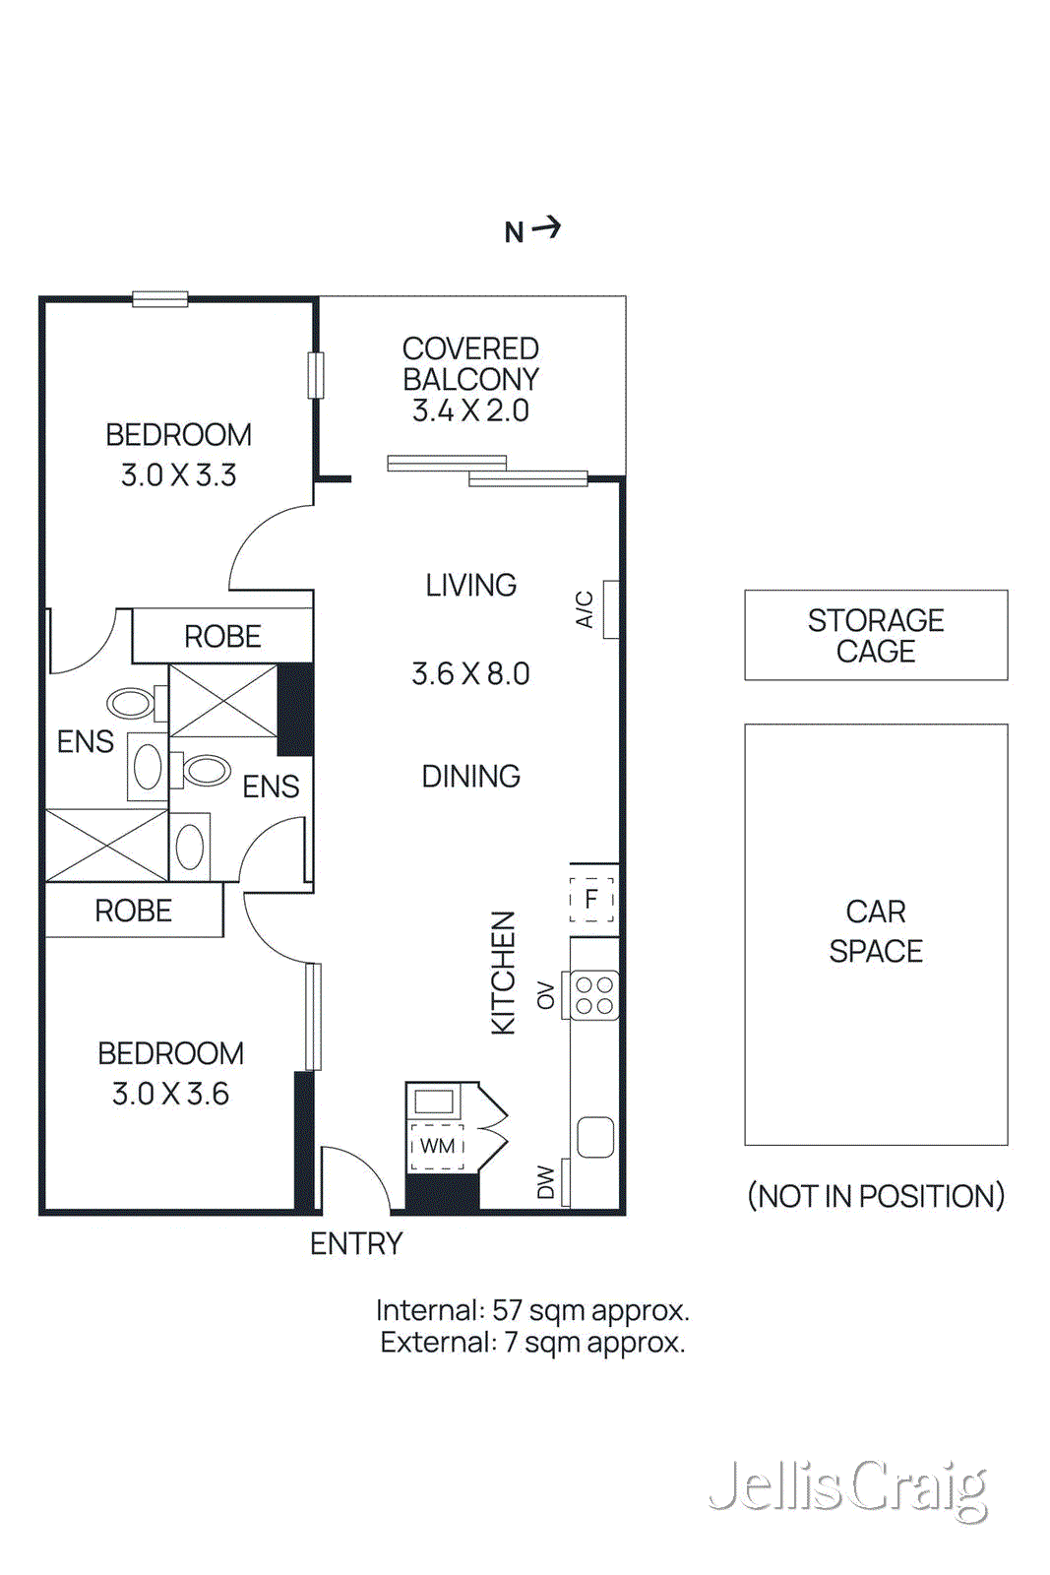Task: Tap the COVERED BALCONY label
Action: (x=470, y=364)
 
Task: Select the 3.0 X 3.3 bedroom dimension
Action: (x=178, y=475)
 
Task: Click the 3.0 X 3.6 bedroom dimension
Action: (x=170, y=1094)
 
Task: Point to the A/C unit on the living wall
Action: (x=611, y=609)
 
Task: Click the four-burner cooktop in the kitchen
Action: (x=594, y=995)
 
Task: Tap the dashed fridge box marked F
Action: (x=591, y=900)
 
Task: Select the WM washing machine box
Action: (x=437, y=1146)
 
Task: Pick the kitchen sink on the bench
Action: (x=595, y=1137)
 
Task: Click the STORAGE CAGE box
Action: (x=876, y=635)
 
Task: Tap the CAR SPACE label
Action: (x=876, y=931)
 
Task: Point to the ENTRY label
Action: (x=356, y=1244)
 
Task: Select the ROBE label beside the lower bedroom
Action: (x=133, y=911)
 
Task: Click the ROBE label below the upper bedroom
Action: (x=222, y=637)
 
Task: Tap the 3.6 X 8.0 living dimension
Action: (x=470, y=674)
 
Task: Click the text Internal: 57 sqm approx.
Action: (x=532, y=1310)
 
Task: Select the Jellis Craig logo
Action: (x=847, y=1488)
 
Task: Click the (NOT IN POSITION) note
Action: (x=876, y=1196)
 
